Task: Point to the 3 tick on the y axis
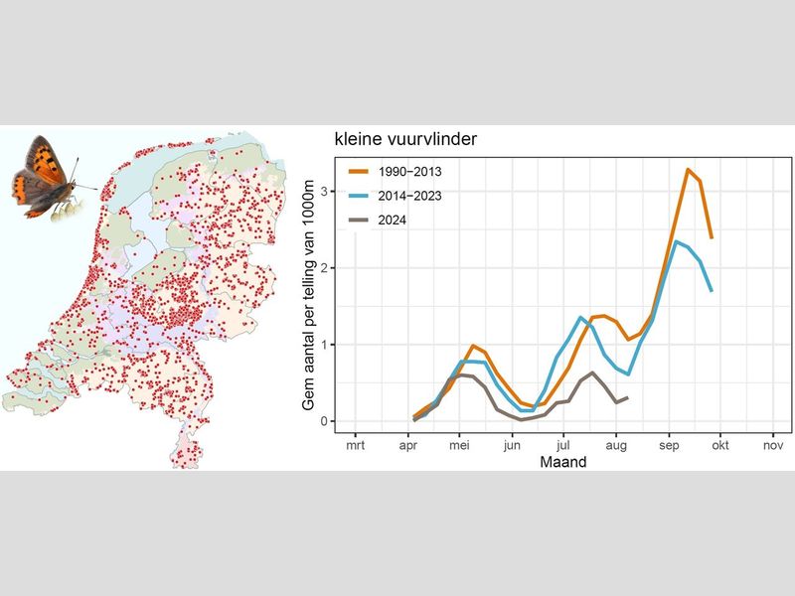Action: (x=324, y=191)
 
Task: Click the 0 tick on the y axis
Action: (x=324, y=421)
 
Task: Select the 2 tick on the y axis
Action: (x=324, y=268)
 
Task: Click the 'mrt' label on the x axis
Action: (x=355, y=447)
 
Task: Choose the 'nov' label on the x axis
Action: (x=773, y=447)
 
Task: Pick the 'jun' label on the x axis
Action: (x=512, y=447)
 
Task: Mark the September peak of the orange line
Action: (x=688, y=170)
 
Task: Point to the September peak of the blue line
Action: (x=676, y=241)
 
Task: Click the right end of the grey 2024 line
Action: (x=627, y=398)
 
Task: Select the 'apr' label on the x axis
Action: (x=407, y=447)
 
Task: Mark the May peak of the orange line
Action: (x=474, y=346)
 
